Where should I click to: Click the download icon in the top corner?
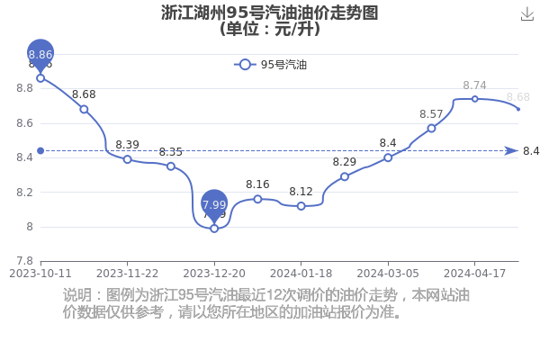pos(526,14)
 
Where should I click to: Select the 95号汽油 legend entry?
pos(270,65)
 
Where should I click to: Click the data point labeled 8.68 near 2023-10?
pos(84,110)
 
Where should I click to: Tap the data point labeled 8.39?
pos(128,159)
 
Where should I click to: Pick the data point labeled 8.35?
pos(171,166)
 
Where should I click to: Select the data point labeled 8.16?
pos(257,199)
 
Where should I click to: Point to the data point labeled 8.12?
pos(301,206)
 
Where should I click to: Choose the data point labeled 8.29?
pos(345,176)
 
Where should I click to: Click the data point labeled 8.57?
pos(431,129)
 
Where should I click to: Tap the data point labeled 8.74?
pos(474,99)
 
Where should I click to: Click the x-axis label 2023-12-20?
pos(214,274)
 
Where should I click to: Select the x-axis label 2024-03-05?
pos(388,274)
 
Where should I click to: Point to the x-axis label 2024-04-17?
pos(474,274)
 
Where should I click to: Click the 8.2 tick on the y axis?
pos(25,193)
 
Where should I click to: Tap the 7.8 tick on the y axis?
pos(25,261)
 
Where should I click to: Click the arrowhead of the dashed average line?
pos(511,151)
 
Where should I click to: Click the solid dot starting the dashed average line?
pos(40,151)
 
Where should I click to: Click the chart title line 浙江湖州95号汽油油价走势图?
pos(270,13)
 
